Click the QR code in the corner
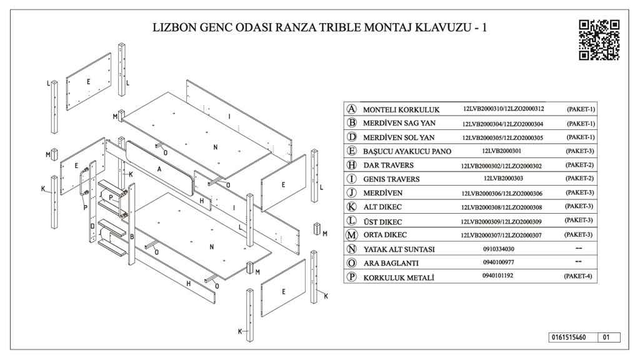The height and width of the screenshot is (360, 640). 599,39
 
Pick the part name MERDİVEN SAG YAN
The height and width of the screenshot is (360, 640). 399,124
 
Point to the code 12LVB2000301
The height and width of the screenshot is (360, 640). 503,151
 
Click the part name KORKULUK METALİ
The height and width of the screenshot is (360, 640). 399,277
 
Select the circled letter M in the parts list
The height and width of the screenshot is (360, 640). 352,235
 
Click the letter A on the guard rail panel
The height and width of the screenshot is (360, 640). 159,169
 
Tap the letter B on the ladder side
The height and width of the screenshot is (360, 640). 132,236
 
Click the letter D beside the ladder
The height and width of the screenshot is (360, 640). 92,226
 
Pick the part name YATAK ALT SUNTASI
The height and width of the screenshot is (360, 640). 399,249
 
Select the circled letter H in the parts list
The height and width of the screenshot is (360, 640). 352,165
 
